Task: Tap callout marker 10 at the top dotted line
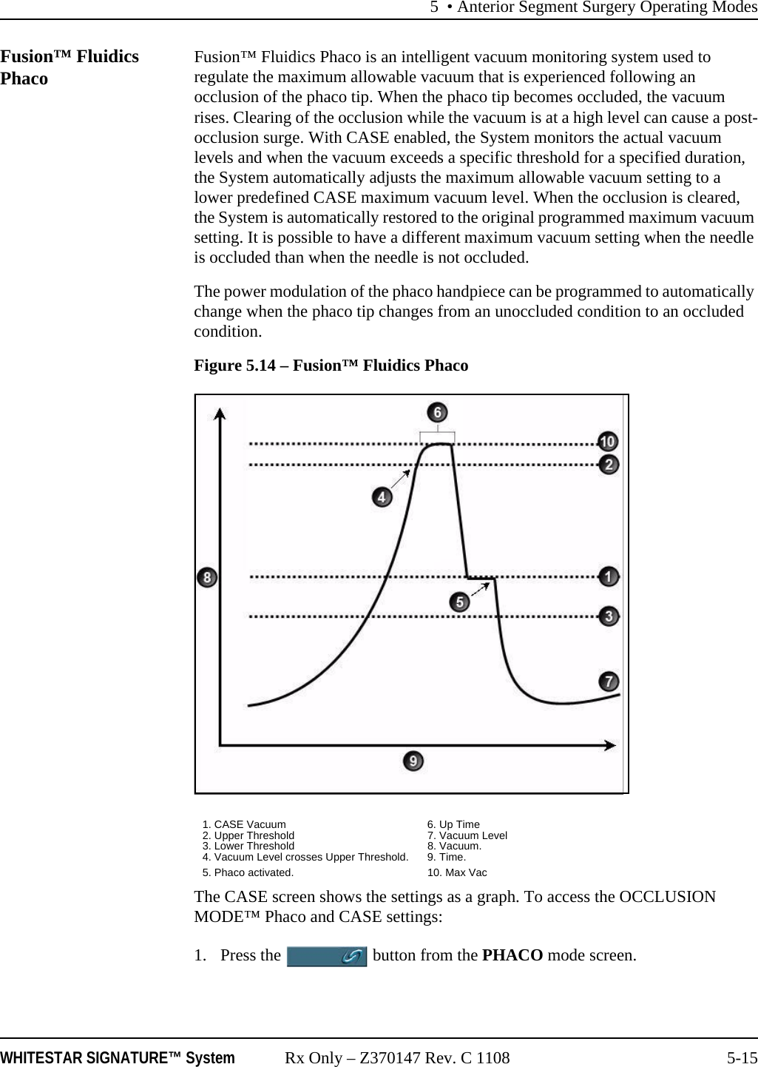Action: (x=608, y=442)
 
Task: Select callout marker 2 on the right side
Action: (x=609, y=465)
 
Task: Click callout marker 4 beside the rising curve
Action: (x=382, y=497)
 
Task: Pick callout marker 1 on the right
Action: (x=609, y=576)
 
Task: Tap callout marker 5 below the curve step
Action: (x=460, y=602)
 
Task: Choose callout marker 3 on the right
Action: (x=609, y=616)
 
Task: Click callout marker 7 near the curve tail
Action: (x=609, y=680)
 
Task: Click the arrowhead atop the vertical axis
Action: (x=220, y=413)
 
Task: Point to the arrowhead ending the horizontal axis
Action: (x=609, y=745)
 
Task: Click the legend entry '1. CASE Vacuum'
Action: (x=244, y=824)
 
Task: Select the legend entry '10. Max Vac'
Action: (x=457, y=872)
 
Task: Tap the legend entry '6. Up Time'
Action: (x=453, y=824)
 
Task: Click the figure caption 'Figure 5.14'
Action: (x=331, y=366)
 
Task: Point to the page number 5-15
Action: (x=741, y=1058)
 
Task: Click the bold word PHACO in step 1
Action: (x=512, y=955)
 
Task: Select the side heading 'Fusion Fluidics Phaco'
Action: (x=70, y=67)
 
